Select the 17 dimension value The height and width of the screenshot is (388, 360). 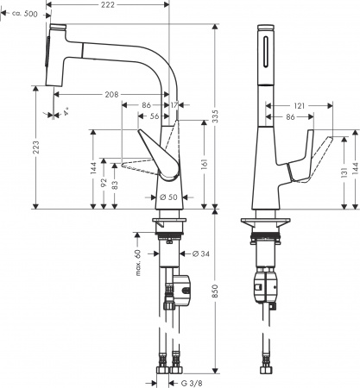point(176,104)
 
